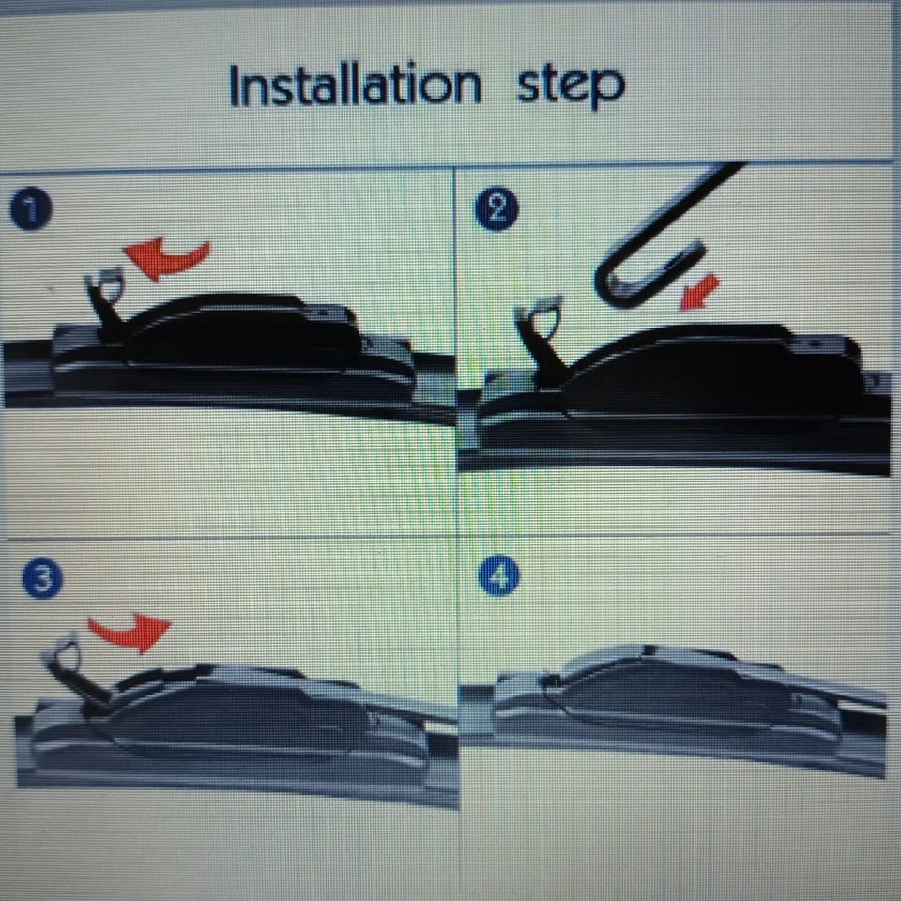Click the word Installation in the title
point(355,86)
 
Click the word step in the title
point(570,86)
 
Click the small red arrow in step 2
point(698,290)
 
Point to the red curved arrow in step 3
point(131,632)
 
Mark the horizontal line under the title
point(450,169)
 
